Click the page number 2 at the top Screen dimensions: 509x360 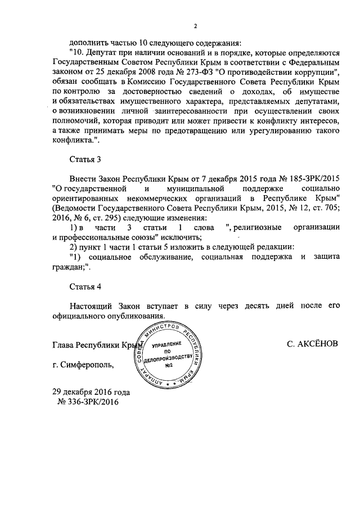195,26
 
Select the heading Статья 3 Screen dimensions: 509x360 85,159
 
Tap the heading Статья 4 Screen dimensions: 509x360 85,286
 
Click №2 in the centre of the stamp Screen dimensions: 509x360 168,366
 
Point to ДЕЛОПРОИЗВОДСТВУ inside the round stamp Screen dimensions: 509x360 168,358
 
